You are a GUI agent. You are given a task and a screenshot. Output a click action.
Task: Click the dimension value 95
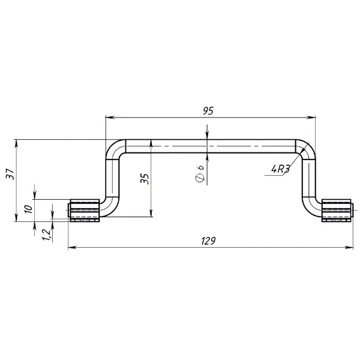tap(208, 110)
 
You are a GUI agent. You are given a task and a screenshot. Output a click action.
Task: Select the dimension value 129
tap(208, 241)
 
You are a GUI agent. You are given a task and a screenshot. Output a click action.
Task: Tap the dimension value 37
tap(10, 174)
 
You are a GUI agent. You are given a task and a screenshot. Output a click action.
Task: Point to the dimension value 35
tap(145, 179)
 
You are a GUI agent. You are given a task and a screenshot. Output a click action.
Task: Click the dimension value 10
tap(29, 209)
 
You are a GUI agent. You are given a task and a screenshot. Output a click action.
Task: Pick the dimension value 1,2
tap(46, 235)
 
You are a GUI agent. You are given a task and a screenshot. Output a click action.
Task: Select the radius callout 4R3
tap(280, 169)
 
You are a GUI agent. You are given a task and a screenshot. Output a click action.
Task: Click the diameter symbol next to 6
tap(200, 178)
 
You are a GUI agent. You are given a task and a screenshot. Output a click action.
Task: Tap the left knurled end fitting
tap(84, 211)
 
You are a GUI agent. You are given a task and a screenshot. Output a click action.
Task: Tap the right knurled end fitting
tap(337, 211)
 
